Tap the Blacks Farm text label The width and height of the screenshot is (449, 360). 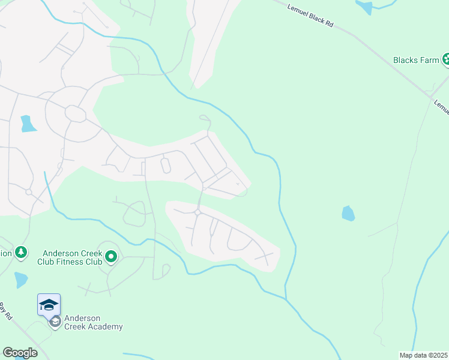[416, 60]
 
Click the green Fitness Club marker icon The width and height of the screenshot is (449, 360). [111, 257]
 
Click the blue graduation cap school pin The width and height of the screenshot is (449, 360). [49, 304]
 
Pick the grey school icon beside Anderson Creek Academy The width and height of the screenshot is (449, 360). [55, 322]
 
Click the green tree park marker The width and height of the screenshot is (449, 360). [21, 252]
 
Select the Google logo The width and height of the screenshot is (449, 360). [20, 353]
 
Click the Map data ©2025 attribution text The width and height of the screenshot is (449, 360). [424, 355]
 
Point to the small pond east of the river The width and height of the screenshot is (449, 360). [348, 213]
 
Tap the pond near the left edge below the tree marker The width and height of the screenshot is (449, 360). [20, 280]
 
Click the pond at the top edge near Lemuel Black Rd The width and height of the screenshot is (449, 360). [364, 7]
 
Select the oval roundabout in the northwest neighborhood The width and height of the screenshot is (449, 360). [75, 113]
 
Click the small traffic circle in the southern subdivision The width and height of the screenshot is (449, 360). [197, 212]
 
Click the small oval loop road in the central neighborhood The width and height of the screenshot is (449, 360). [166, 165]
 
